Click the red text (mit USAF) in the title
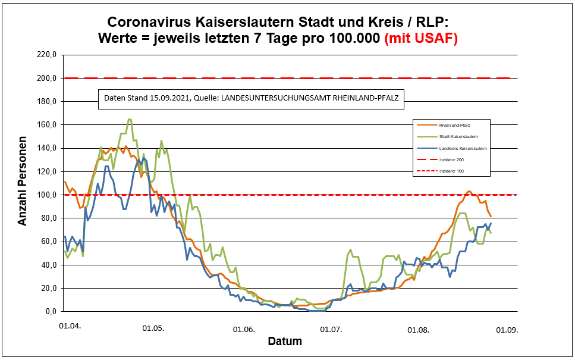(x=421, y=39)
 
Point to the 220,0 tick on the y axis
(x=47, y=55)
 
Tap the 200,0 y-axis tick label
(x=47, y=78)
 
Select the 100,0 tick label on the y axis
(x=47, y=195)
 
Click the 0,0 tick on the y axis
(x=51, y=311)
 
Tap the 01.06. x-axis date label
(x=244, y=328)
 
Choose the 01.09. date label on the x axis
(x=507, y=328)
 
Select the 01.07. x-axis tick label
(x=331, y=328)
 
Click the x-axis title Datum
(x=284, y=342)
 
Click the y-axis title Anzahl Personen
(x=23, y=183)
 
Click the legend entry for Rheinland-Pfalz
(x=455, y=126)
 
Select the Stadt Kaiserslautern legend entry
(x=460, y=137)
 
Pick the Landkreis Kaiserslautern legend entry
(x=464, y=148)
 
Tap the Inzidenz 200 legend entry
(x=451, y=160)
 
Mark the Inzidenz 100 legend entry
(x=451, y=171)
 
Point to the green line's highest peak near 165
(x=130, y=119)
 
